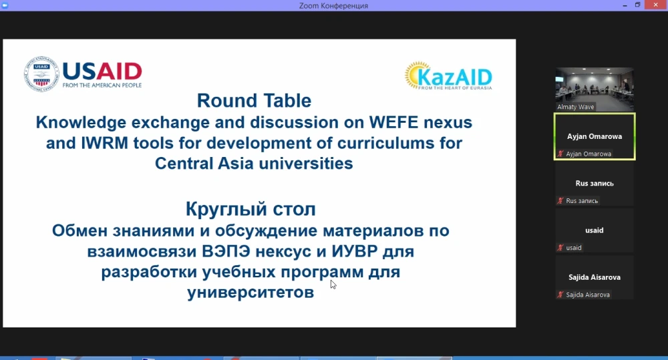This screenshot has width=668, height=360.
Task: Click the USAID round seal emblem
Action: [x=41, y=74]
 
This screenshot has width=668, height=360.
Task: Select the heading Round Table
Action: [x=254, y=101]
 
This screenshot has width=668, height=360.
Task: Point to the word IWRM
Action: [x=104, y=143]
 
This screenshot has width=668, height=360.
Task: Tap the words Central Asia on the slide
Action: [x=204, y=163]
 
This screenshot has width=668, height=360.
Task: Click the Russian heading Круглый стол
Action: [x=251, y=209]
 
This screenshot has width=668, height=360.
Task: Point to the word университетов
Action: [x=251, y=293]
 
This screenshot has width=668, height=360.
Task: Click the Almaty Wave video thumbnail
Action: [x=595, y=89]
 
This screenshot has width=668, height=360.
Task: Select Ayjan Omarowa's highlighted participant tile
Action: [x=595, y=136]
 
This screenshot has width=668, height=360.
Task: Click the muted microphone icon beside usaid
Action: [x=560, y=248]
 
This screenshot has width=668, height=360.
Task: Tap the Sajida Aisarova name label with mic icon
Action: [x=584, y=295]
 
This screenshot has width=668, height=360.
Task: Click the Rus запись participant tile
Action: [x=595, y=184]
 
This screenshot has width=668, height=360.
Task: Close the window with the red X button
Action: [x=656, y=5]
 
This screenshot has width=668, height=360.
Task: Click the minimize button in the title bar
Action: [x=625, y=5]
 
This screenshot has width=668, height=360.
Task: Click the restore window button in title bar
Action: [x=638, y=5]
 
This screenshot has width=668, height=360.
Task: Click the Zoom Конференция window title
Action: [x=333, y=5]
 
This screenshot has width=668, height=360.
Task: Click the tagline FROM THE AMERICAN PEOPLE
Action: [x=102, y=85]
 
